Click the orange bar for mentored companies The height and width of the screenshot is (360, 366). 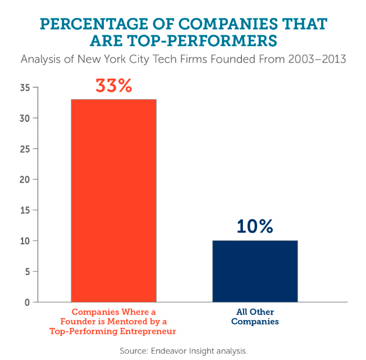click(x=113, y=200)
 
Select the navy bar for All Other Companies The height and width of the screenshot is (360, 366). click(x=255, y=271)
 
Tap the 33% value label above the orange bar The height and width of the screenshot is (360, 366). click(x=113, y=86)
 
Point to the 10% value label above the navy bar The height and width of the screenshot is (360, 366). click(x=254, y=226)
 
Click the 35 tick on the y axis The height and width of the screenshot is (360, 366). click(x=24, y=88)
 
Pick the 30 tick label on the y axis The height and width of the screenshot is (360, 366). click(x=24, y=119)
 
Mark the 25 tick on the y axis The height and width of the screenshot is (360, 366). click(x=24, y=149)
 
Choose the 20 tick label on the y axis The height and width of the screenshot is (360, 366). click(x=24, y=180)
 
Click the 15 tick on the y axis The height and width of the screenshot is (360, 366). click(x=24, y=211)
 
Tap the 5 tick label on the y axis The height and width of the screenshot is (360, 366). click(x=26, y=272)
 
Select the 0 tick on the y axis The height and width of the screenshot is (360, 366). click(x=26, y=302)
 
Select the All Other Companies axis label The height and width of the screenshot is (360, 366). click(x=255, y=317)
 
